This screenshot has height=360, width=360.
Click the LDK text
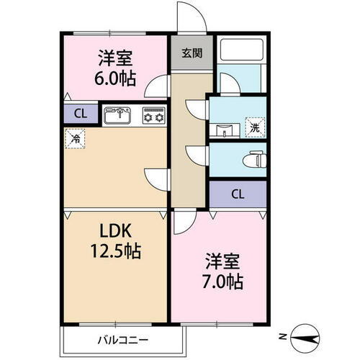coord(114,231)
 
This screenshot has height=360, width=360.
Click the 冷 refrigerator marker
coord(75,139)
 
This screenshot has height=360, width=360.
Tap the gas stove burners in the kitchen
coord(153,115)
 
